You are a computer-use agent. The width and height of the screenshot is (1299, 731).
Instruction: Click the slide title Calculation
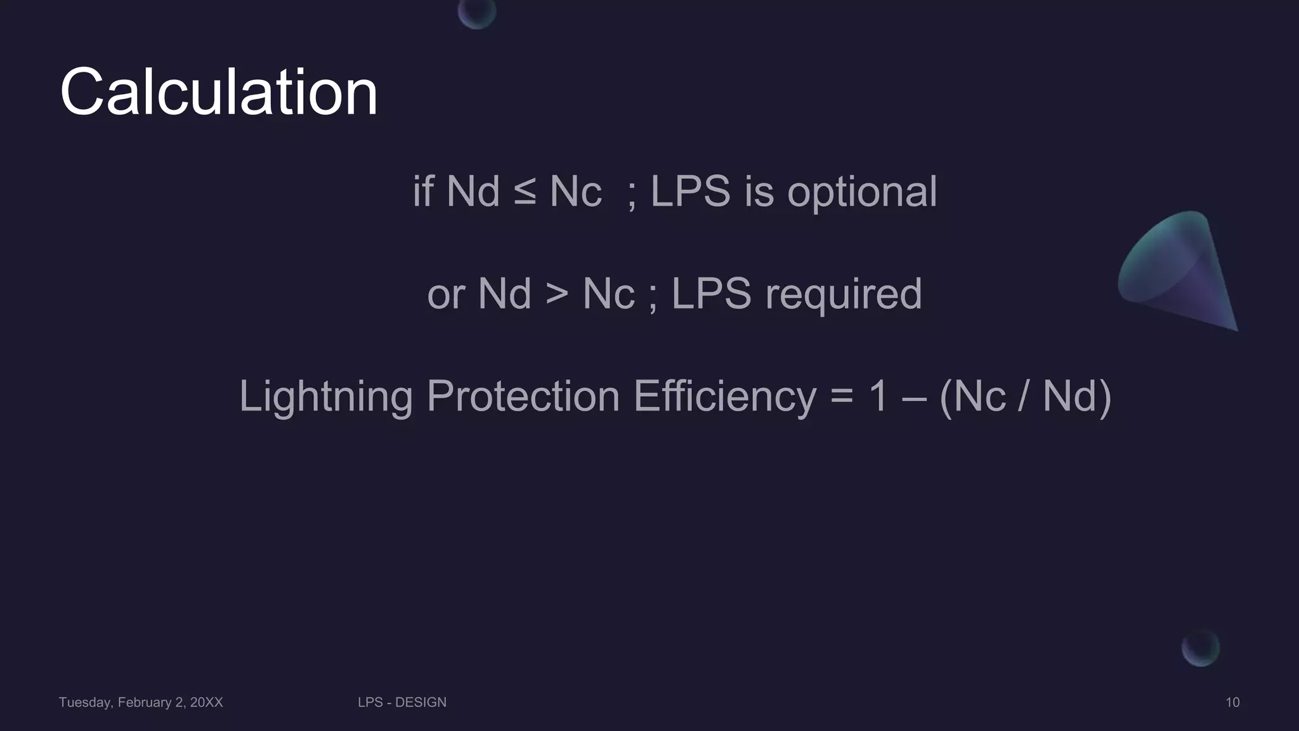coord(219,93)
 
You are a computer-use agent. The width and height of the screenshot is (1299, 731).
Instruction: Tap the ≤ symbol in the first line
coord(525,191)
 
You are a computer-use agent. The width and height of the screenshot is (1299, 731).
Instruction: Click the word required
coord(844,294)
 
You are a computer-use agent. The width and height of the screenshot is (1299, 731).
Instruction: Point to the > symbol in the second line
coord(557,294)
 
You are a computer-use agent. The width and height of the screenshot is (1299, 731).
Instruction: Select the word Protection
coord(523,397)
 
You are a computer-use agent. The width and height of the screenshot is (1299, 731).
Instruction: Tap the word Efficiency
coord(724,397)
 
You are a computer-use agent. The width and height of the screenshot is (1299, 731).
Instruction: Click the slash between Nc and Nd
coord(1024,397)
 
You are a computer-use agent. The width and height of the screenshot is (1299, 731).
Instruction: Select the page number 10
coord(1232,702)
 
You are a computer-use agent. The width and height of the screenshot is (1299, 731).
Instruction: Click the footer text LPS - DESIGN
coord(402,702)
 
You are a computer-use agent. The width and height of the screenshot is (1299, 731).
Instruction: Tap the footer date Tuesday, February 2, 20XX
coord(141,702)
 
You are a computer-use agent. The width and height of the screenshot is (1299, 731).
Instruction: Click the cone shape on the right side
coord(1180,270)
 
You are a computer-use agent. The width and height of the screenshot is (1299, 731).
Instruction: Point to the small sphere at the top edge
coord(477,13)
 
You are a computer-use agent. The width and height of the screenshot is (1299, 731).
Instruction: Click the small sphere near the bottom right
coord(1200,649)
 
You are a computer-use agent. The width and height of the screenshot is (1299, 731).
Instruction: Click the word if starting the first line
coord(423,191)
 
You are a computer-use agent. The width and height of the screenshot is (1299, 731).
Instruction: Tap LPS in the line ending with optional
coord(690,191)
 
